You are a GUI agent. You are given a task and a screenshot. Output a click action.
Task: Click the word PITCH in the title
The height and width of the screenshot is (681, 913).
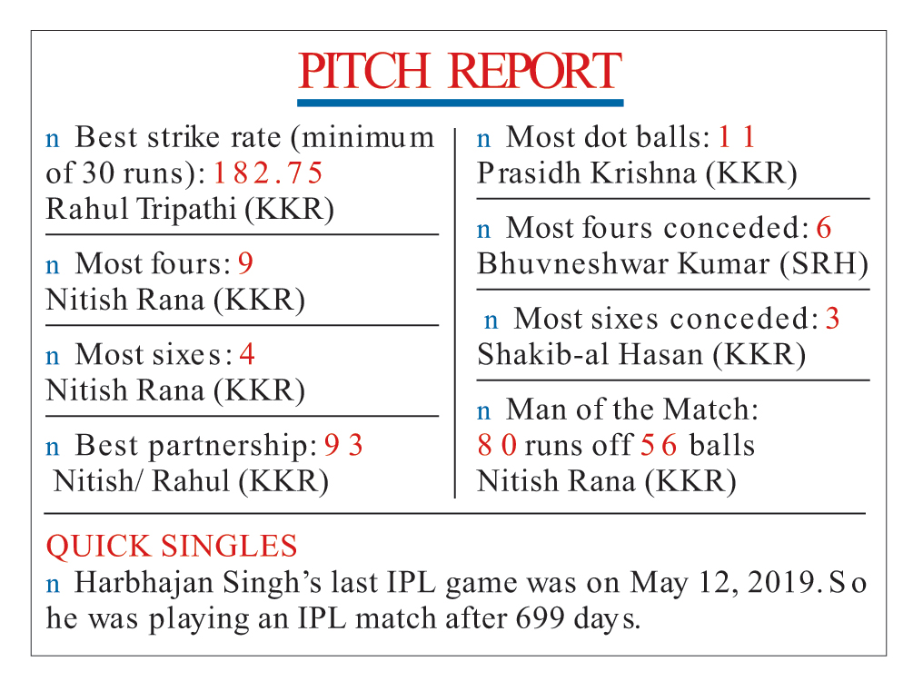coord(364,71)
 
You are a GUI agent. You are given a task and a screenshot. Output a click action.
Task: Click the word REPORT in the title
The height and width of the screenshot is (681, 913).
coord(535,71)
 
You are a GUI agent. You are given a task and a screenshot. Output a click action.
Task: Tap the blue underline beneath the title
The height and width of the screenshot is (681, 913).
coord(460,103)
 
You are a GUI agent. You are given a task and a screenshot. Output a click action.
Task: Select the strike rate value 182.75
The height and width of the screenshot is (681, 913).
coord(268,173)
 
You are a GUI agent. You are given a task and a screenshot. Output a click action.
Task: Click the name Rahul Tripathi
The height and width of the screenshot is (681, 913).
coord(141,209)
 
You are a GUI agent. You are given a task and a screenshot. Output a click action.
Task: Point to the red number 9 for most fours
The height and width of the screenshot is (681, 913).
coord(245,263)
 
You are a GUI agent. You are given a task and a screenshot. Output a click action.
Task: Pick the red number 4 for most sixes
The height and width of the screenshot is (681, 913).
coord(247,354)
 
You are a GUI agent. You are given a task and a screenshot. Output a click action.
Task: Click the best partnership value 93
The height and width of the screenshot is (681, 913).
coord(343,445)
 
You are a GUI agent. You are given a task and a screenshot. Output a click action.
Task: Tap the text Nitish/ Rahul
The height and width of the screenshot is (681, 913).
coord(142,481)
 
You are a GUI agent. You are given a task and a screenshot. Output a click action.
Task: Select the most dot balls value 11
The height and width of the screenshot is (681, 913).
coord(737,137)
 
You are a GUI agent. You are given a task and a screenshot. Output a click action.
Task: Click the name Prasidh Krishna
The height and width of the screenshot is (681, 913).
coord(587,173)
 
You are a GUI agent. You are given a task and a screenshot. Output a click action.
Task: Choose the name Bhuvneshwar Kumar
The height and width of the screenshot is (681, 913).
coord(623,263)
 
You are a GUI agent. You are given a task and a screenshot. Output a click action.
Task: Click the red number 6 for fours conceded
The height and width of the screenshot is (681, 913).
coord(824,228)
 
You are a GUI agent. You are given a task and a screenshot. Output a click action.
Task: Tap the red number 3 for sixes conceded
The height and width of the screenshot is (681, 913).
coord(833,319)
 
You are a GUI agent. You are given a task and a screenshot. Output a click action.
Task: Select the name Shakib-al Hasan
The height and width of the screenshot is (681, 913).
coord(590,354)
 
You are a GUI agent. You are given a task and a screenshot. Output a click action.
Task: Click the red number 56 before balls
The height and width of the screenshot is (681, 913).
coord(659,445)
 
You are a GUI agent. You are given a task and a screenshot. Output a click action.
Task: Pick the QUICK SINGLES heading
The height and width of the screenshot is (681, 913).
coord(172,547)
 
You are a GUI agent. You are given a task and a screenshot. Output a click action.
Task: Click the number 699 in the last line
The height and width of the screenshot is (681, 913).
coord(540,618)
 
